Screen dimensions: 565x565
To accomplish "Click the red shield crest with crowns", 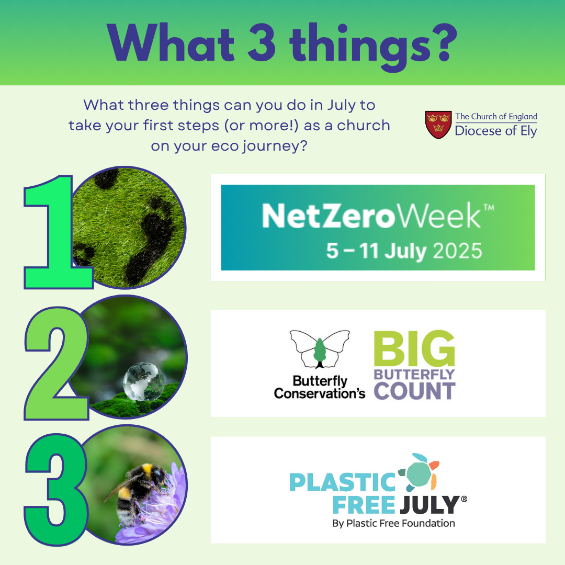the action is [x=438, y=125].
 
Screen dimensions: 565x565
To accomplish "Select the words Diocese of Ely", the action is [x=496, y=131].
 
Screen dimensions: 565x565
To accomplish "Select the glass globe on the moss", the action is [x=143, y=382].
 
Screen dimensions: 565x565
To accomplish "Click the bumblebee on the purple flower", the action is [x=139, y=490].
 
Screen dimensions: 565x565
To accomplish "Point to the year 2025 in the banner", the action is [x=457, y=251].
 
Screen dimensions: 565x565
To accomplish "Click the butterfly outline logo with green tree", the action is [x=320, y=349].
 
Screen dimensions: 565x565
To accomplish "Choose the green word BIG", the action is [x=414, y=348].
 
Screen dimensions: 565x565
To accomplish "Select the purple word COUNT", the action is [x=414, y=391].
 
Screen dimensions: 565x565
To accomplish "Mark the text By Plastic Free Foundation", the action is [x=393, y=523].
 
